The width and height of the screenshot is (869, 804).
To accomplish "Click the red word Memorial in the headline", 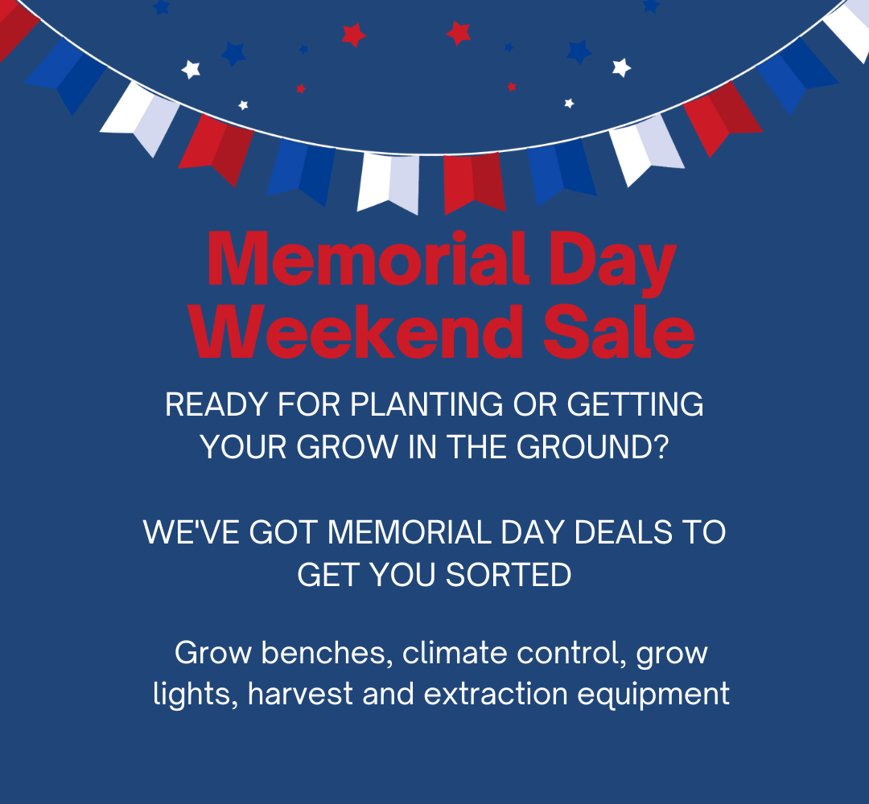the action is point(366,259).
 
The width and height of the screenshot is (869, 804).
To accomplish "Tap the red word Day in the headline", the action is point(613,263).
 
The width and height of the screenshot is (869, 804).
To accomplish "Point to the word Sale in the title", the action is point(619,331).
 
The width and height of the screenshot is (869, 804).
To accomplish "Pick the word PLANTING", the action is point(426,404).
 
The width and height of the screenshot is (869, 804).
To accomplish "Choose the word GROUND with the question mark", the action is point(593,447).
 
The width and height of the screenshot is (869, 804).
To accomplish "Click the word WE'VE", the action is point(192,532).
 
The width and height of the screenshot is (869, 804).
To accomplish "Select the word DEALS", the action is point(623,532).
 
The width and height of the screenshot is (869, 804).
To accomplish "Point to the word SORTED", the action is point(509,575).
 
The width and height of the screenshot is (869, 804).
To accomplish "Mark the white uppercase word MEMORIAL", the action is point(409,532).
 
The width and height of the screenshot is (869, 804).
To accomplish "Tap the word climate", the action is point(455,652).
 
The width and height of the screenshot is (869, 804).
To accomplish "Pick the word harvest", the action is point(300,693).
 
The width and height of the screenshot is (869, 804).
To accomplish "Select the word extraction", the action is point(496,693).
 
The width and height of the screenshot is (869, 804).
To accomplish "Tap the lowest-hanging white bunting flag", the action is point(389,183).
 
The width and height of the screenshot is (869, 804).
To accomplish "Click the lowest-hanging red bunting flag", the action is point(474,183).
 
